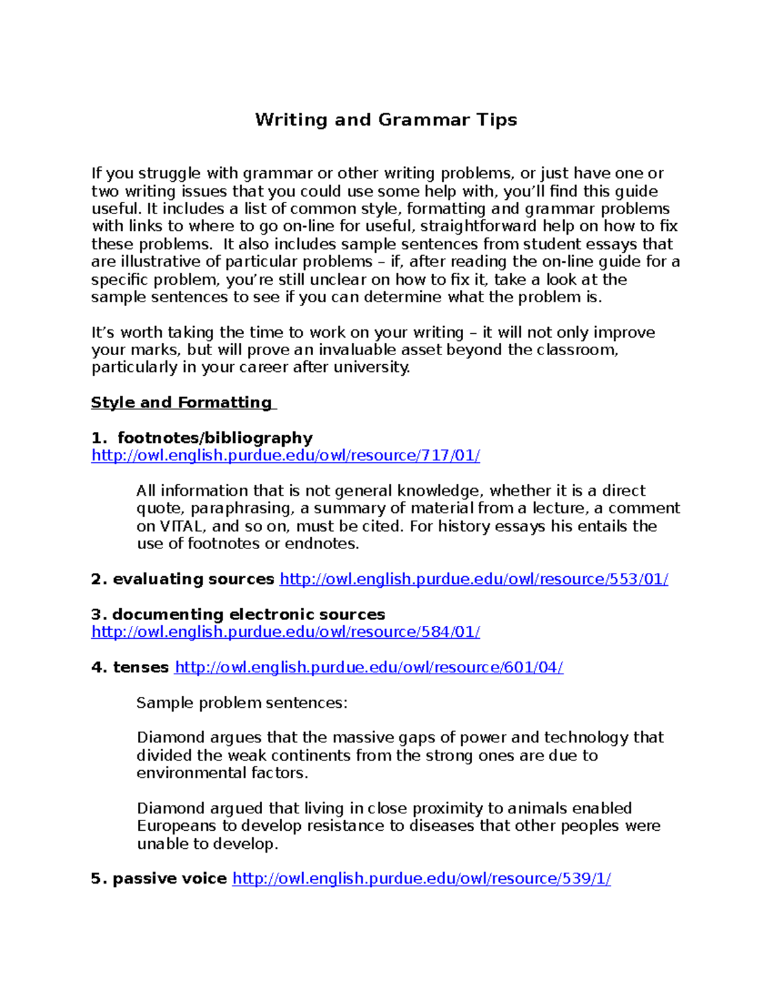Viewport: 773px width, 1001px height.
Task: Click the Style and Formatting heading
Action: (182, 403)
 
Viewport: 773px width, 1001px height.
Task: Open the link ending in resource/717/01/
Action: (285, 456)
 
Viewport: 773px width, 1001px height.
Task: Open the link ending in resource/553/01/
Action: (473, 579)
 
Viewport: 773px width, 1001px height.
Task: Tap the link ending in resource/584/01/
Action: (285, 632)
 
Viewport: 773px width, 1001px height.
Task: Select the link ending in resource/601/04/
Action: (369, 668)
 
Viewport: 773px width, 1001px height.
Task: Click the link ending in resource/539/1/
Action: (421, 879)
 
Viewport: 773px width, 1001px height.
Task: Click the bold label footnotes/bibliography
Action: (215, 438)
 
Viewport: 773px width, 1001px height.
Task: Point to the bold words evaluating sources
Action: (193, 579)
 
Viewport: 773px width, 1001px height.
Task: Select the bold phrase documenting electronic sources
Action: (248, 615)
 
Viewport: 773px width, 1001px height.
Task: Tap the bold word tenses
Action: (140, 668)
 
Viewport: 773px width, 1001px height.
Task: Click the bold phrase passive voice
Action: (169, 879)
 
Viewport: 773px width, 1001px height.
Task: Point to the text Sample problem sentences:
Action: (242, 703)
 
